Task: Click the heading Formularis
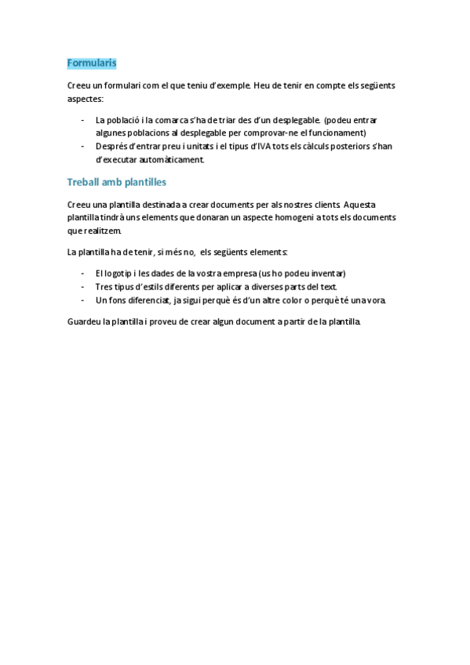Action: [x=92, y=63]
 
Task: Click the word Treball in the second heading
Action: [x=83, y=182]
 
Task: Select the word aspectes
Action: [x=85, y=100]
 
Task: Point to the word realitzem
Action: [x=102, y=231]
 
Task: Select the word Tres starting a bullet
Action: [x=104, y=287]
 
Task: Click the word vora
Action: [x=376, y=300]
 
